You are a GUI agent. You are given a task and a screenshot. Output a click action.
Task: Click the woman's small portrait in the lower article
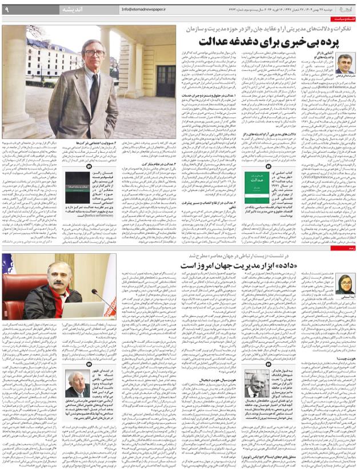pos(346,284)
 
